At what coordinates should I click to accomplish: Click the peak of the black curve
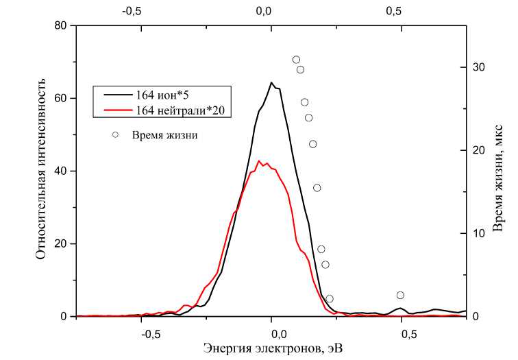pyautogui.click(x=271, y=83)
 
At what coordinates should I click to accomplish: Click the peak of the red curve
pyautogui.click(x=259, y=161)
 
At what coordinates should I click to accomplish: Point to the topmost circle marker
pyautogui.click(x=296, y=60)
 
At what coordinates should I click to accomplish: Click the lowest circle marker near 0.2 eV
pyautogui.click(x=329, y=299)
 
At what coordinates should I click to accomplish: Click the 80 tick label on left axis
pyautogui.click(x=60, y=25)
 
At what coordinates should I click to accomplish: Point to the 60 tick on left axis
pyautogui.click(x=60, y=98)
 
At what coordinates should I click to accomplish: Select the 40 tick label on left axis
pyautogui.click(x=60, y=171)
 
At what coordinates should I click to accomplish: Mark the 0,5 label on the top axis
pyautogui.click(x=393, y=11)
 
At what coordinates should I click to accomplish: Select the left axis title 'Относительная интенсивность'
pyautogui.click(x=41, y=171)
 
